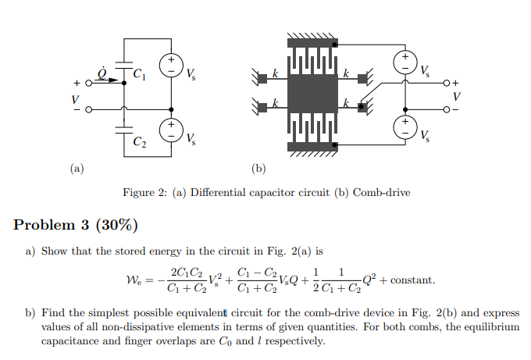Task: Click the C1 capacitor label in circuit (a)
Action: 138,76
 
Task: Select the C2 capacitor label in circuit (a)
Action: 138,143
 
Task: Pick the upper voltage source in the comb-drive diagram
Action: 406,62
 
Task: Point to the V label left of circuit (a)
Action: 75,98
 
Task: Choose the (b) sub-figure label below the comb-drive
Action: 258,167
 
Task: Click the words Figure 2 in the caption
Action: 146,193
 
